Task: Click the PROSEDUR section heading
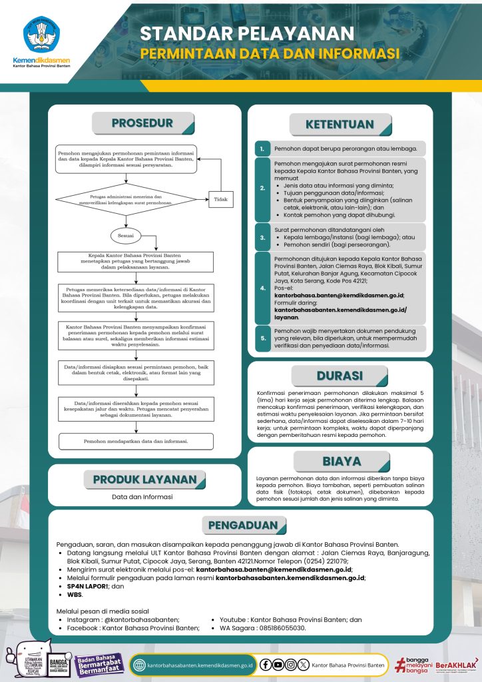click(142, 123)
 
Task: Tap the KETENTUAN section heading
click(340, 125)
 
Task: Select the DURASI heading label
click(340, 376)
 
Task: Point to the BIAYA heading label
click(342, 461)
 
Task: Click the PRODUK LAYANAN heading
click(144, 480)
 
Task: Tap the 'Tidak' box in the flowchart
click(220, 198)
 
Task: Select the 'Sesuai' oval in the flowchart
click(126, 235)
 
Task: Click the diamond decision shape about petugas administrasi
click(126, 199)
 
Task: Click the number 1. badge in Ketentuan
click(263, 148)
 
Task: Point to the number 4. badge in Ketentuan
click(263, 288)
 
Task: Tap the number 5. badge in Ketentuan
click(263, 338)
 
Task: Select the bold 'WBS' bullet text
click(75, 594)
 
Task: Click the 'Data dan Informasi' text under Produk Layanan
click(142, 497)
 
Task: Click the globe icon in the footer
click(139, 665)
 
